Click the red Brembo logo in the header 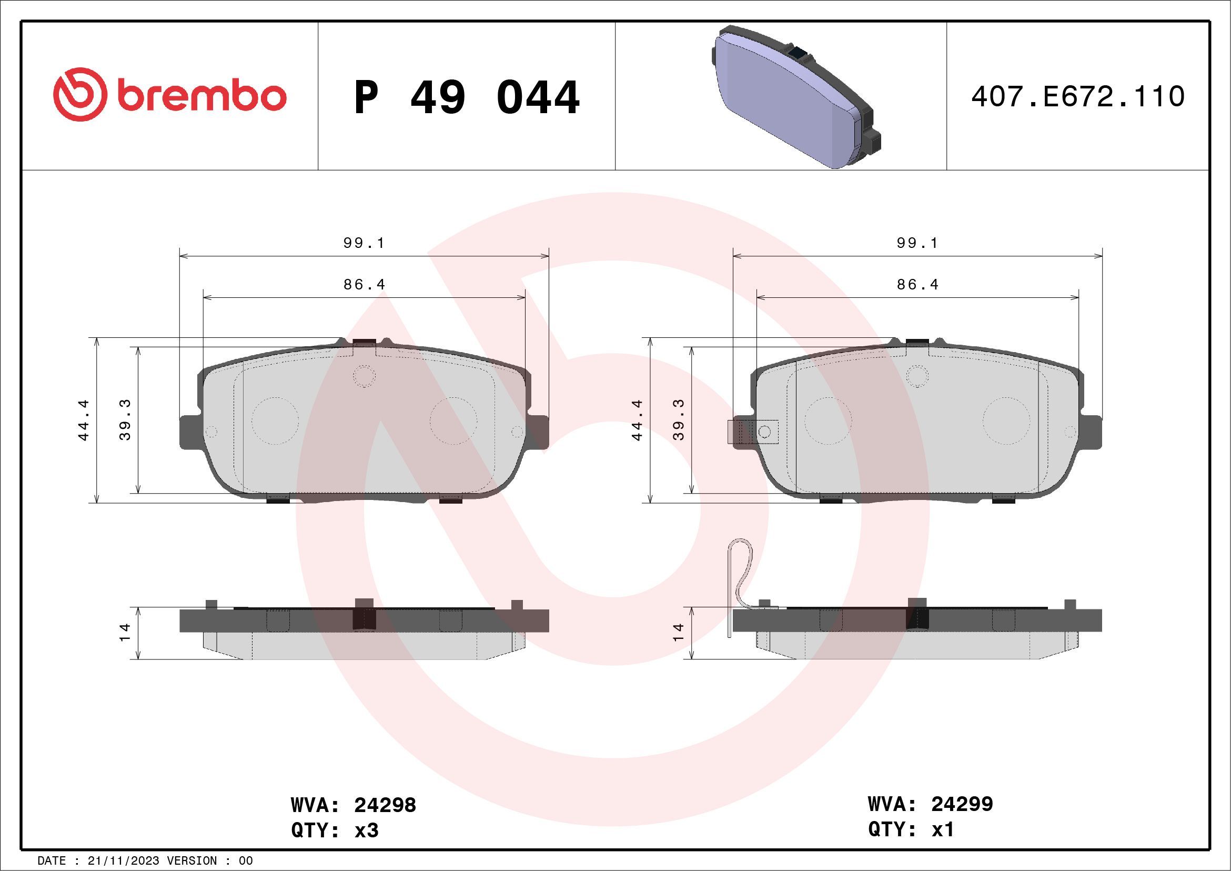click(x=169, y=95)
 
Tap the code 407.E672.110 click(x=1078, y=97)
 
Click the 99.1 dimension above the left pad click(x=364, y=244)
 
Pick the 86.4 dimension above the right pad click(x=918, y=285)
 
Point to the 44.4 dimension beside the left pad click(x=84, y=420)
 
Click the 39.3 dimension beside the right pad click(x=679, y=420)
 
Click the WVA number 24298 click(x=385, y=805)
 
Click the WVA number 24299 click(x=962, y=804)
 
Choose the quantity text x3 click(x=367, y=830)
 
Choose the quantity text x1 click(x=943, y=829)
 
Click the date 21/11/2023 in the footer click(x=123, y=861)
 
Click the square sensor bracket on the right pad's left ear click(x=752, y=431)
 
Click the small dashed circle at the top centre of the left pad click(x=364, y=376)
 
